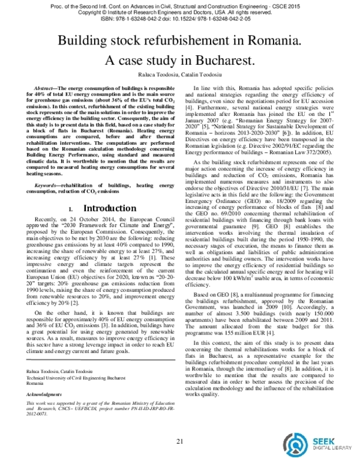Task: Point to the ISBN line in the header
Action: click(179, 18)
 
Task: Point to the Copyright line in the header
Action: click(179, 11)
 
